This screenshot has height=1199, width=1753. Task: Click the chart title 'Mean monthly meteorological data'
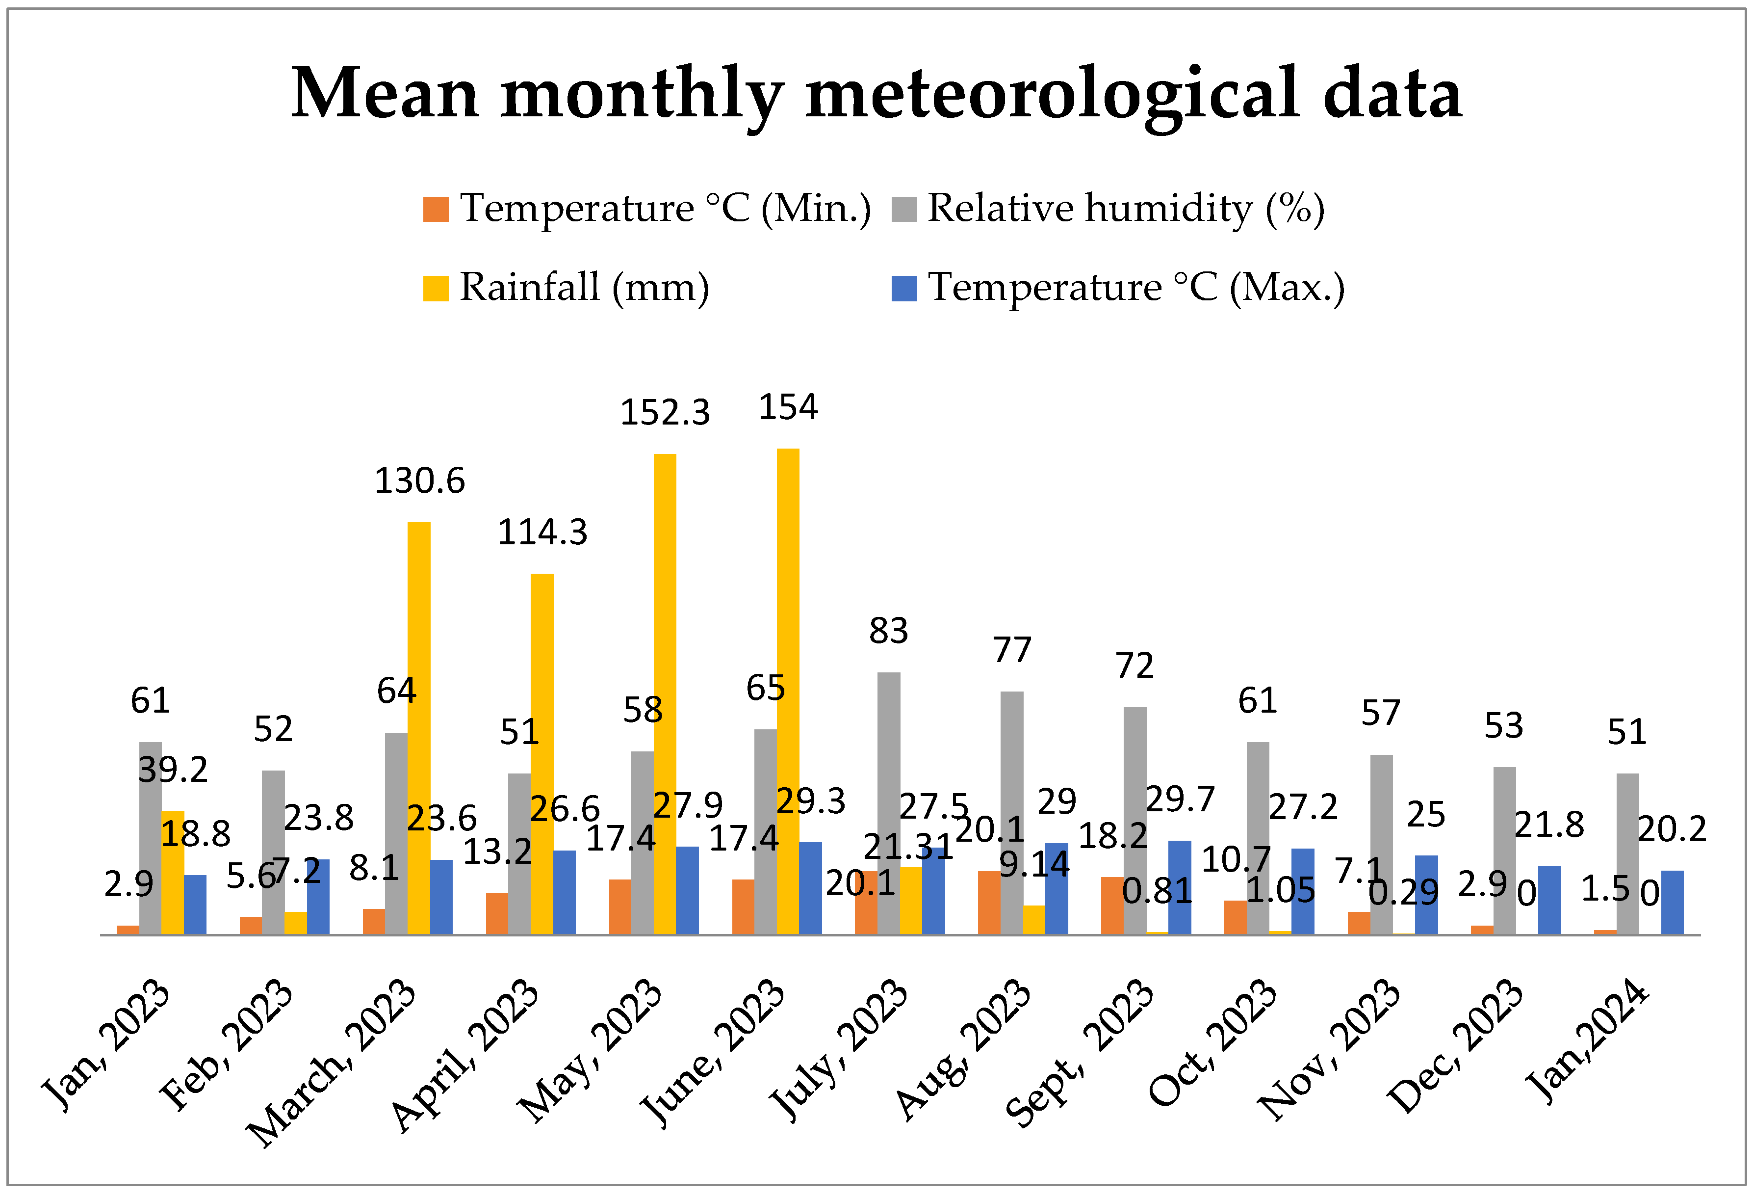(x=876, y=94)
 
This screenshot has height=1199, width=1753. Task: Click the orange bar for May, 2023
(x=620, y=906)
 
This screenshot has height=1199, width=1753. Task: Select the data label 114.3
(x=542, y=533)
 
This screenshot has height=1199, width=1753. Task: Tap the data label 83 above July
(x=889, y=631)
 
